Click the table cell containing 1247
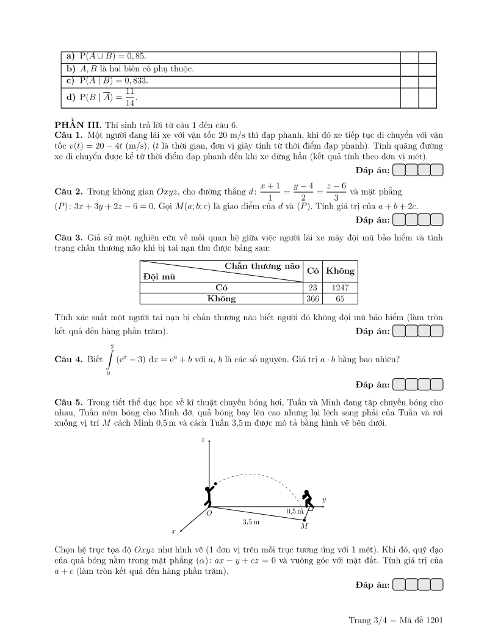click(x=339, y=287)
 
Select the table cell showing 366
click(x=312, y=299)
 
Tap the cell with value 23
click(x=312, y=287)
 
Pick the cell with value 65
click(x=339, y=299)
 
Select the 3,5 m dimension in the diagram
click(x=250, y=523)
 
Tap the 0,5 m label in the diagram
click(x=295, y=510)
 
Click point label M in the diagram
click(x=304, y=526)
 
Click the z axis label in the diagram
click(x=203, y=439)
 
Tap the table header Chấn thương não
click(x=262, y=266)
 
